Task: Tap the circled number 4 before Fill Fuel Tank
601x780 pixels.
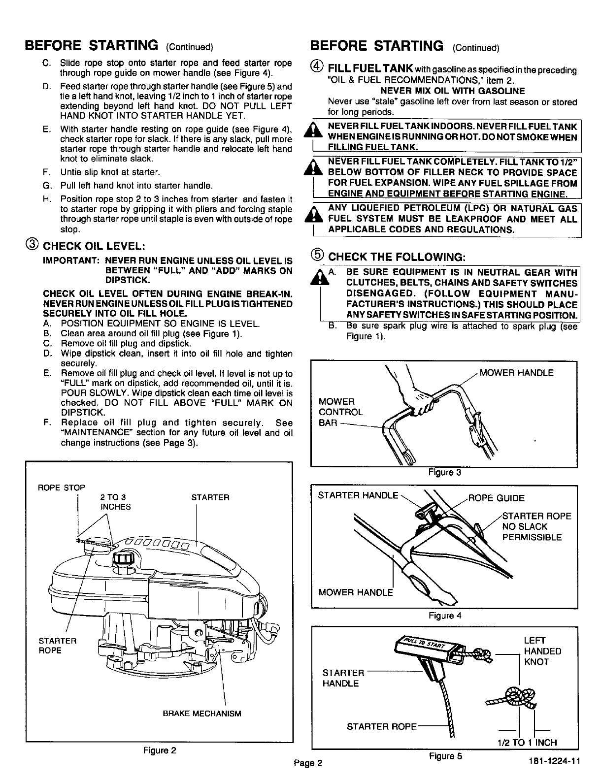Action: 319,67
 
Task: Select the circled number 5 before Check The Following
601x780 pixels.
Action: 319,255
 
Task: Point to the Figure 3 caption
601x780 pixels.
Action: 444,472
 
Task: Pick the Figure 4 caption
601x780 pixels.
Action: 444,616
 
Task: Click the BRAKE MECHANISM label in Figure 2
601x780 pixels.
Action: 202,714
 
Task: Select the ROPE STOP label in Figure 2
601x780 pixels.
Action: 62,487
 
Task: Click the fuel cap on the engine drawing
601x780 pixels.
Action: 123,559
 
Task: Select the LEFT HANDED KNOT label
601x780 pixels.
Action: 542,651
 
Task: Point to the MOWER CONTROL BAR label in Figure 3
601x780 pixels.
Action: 340,412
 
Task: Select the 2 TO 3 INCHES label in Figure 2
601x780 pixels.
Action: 115,502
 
